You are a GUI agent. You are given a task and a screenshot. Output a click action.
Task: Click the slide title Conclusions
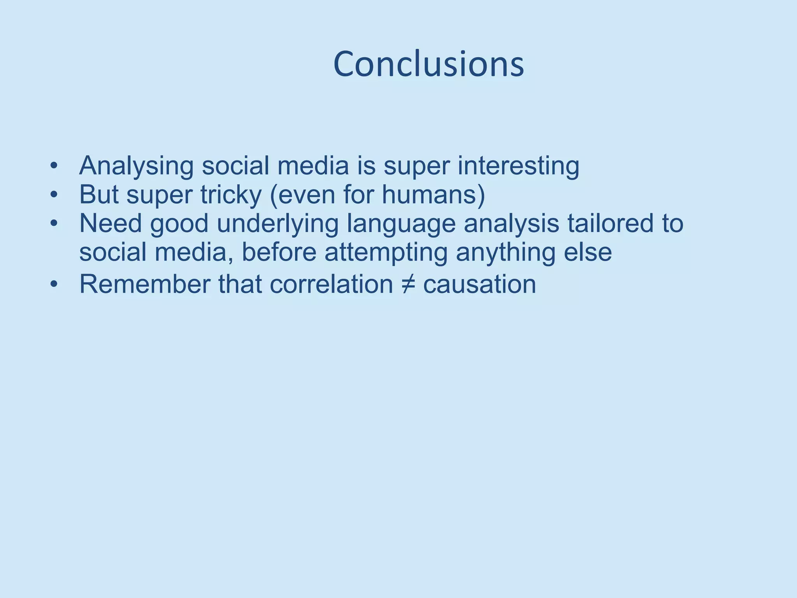[x=428, y=64]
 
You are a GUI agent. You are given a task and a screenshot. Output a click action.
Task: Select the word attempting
[x=386, y=253]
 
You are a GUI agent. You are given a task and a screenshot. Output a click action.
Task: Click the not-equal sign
[x=408, y=285]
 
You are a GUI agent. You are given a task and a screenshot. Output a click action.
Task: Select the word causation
[x=479, y=284]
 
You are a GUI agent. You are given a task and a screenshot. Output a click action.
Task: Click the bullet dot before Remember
[x=54, y=285]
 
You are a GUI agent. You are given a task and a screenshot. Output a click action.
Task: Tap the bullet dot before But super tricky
[x=54, y=195]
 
